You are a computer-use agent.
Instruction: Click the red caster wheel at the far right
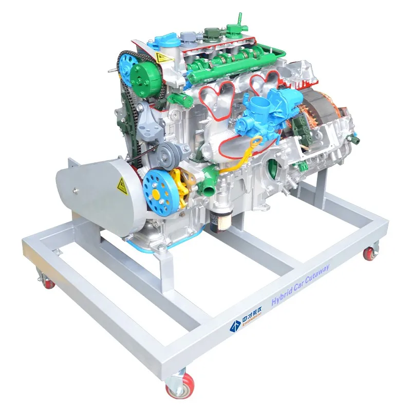(x=369, y=253)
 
